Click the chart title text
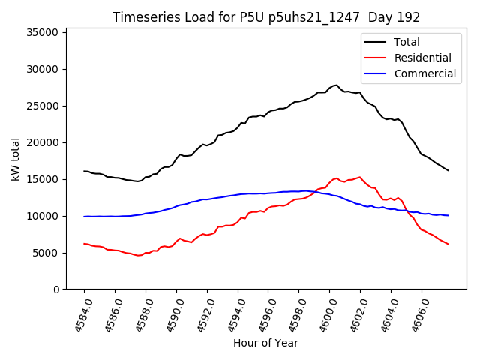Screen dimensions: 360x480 pyautogui.click(x=265, y=17)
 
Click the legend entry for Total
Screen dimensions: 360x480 pyautogui.click(x=406, y=42)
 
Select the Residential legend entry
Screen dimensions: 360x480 pyautogui.click(x=422, y=58)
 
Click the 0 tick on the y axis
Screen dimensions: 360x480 pyautogui.click(x=55, y=290)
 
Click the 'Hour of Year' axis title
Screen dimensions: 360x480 pyautogui.click(x=265, y=343)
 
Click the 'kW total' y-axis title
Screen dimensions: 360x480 pyautogui.click(x=16, y=159)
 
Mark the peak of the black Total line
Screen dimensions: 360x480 pyautogui.click(x=337, y=85)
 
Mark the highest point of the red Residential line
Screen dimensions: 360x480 pyautogui.click(x=360, y=177)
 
